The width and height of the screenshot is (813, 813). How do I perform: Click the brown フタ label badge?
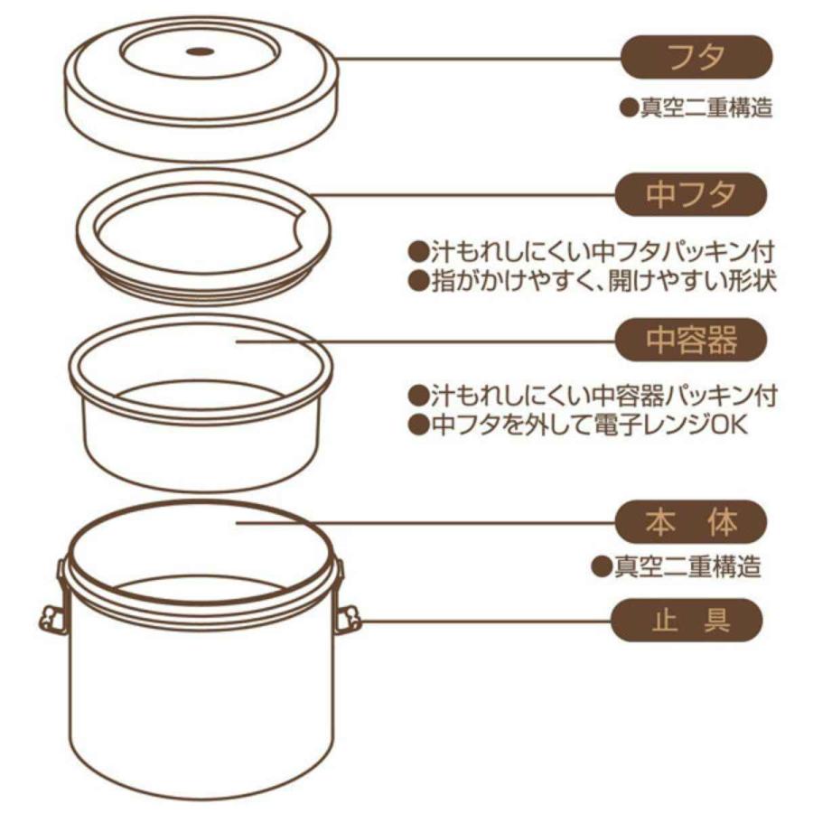tap(696, 58)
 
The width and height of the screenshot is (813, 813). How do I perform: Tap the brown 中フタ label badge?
tap(692, 195)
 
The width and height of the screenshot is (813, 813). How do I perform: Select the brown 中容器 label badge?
tap(692, 341)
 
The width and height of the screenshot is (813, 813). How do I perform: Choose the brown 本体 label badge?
tap(692, 521)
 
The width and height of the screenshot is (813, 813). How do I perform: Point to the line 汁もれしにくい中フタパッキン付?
tap(593, 250)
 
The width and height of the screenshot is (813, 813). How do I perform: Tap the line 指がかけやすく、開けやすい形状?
tap(593, 280)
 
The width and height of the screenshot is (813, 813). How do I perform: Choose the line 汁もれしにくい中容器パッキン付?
tap(593, 395)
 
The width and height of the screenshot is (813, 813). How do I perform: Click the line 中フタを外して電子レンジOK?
tap(578, 424)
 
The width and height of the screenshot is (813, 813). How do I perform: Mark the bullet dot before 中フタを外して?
tap(417, 424)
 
